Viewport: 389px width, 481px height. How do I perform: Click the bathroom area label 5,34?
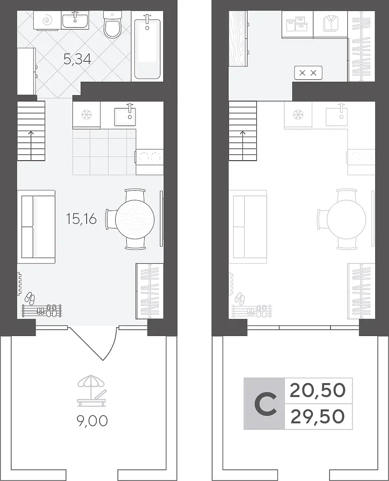point(77,59)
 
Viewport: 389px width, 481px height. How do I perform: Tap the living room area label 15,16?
point(81,219)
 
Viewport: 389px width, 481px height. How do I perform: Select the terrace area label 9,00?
point(92,421)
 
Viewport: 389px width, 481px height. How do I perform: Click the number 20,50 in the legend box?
point(318,390)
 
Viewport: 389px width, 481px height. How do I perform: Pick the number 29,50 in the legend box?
point(318,416)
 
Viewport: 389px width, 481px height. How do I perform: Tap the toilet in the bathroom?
point(113,24)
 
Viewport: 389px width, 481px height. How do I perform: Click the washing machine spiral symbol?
point(47,21)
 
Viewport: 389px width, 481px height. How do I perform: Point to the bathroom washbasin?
point(75,20)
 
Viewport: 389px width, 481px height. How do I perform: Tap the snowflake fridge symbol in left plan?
point(86,115)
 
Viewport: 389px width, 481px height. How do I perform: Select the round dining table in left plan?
point(135,219)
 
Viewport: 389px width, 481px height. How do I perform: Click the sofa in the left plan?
point(36,227)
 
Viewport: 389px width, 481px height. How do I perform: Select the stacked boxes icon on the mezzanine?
point(296,24)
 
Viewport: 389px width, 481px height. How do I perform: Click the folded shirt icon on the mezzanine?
point(330,24)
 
